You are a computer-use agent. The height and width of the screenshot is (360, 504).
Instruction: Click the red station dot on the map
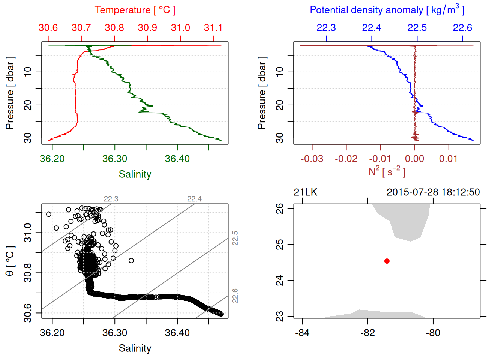(387, 261)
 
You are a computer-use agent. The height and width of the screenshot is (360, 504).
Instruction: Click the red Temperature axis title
(135, 10)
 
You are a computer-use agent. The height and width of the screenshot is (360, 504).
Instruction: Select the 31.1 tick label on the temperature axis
(213, 28)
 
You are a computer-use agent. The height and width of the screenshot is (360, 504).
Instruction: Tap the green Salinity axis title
(135, 174)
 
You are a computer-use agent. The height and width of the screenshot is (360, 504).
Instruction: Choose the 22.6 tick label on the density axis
(462, 28)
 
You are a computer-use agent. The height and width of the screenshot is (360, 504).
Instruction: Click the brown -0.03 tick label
(312, 159)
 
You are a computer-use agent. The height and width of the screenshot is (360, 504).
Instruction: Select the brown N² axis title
(387, 171)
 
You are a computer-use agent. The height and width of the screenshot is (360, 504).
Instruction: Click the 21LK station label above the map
(306, 192)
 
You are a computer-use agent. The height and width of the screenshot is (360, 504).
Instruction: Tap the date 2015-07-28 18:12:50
(433, 192)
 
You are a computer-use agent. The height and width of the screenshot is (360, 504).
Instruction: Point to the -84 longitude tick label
(302, 333)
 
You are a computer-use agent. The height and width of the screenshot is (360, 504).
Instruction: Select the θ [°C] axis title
(10, 261)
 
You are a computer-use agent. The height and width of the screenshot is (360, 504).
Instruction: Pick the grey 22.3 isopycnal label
(111, 199)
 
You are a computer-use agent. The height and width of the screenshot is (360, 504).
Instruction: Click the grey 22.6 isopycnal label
(235, 295)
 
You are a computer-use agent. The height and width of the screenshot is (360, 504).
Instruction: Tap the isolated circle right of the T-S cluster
(131, 261)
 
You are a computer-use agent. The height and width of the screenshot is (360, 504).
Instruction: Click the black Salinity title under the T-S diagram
(135, 348)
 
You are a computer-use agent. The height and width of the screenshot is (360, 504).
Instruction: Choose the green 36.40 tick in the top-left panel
(177, 159)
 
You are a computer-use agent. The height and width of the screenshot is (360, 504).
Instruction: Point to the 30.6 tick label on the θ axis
(28, 313)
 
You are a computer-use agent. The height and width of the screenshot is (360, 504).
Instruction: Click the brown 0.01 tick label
(448, 159)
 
